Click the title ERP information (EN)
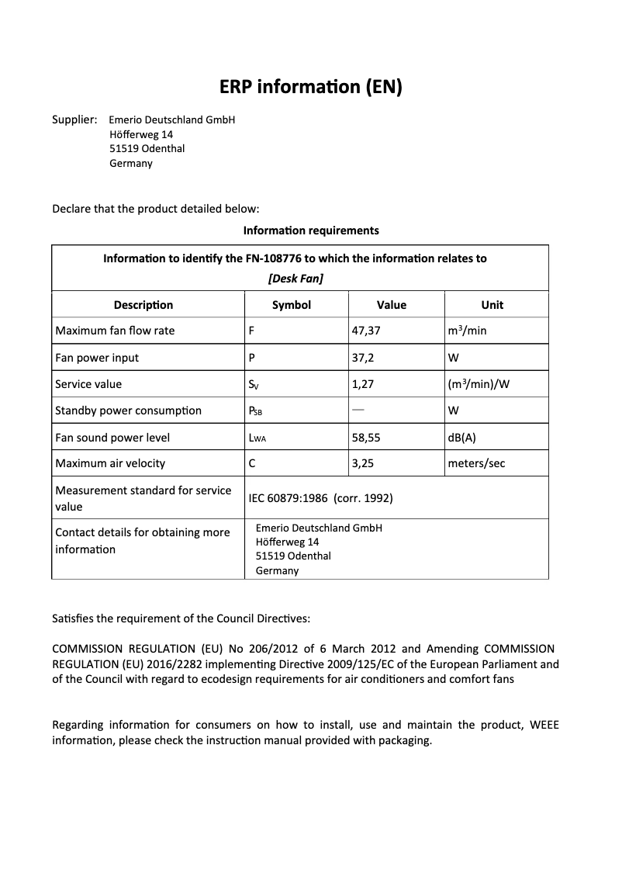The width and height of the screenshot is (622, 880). tap(310, 87)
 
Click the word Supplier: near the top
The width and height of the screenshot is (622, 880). tap(74, 120)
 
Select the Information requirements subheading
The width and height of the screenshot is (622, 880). tap(310, 230)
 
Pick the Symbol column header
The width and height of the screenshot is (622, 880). tap(292, 305)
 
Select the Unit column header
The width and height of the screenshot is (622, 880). tap(492, 305)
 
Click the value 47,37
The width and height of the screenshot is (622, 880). tap(366, 331)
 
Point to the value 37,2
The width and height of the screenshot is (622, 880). tap(363, 358)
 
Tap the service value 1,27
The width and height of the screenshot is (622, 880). tap(363, 384)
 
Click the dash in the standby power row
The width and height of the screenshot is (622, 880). tap(358, 409)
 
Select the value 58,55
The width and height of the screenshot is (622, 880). tap(366, 438)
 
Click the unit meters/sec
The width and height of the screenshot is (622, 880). tap(476, 463)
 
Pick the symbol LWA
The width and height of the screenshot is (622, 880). tap(257, 438)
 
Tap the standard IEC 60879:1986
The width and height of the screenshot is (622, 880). tap(289, 498)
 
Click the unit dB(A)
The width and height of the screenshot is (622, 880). tap(461, 438)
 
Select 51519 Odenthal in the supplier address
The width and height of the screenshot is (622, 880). tap(147, 149)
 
